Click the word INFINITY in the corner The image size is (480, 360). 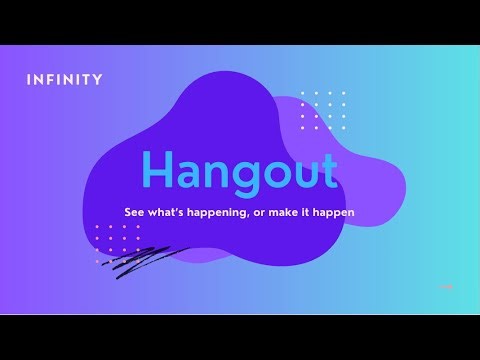(x=65, y=80)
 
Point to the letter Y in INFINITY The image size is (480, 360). (x=97, y=80)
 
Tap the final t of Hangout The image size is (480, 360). (x=328, y=170)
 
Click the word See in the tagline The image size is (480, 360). (x=133, y=214)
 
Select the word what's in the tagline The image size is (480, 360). (x=168, y=214)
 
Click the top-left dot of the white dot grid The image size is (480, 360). (x=303, y=93)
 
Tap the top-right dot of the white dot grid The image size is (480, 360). (x=344, y=93)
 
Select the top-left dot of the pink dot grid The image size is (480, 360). (x=97, y=227)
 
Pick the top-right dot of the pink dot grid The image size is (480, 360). (x=138, y=227)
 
